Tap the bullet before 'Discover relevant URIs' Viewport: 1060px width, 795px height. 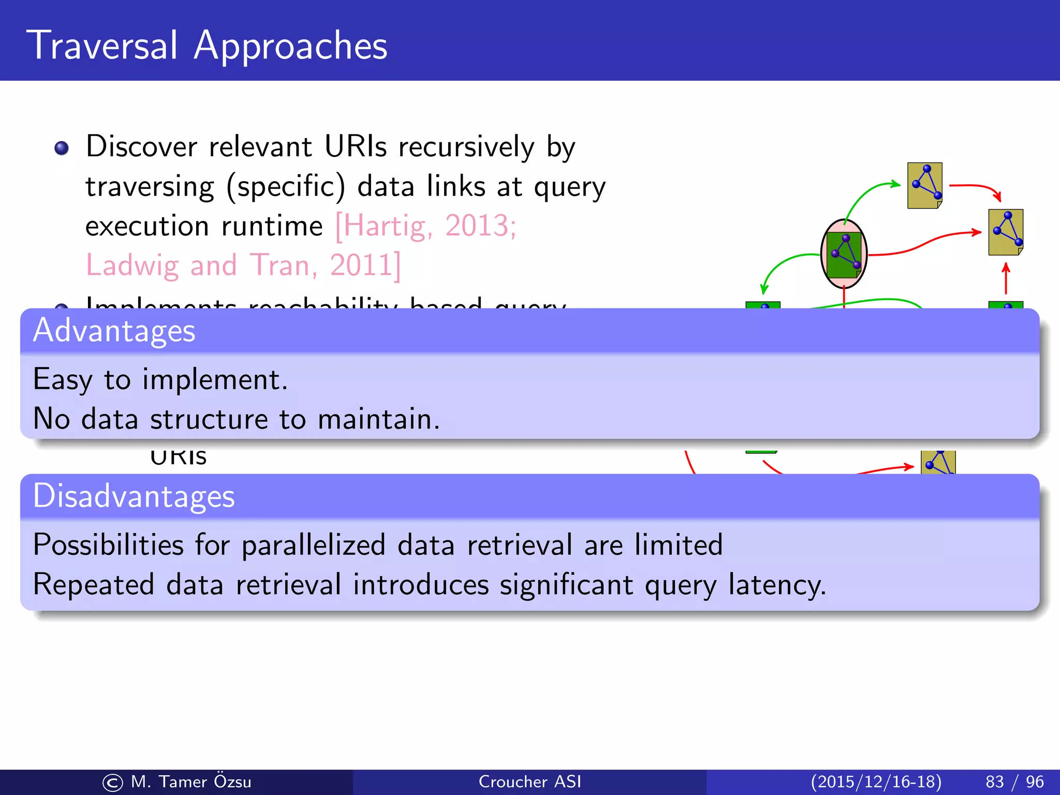[62, 148]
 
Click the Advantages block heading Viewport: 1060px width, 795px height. [114, 331]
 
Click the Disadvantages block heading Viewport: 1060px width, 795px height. [134, 496]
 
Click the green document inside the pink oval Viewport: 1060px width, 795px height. [844, 254]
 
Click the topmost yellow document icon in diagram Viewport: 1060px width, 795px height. [924, 185]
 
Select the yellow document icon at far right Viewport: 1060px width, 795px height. [1005, 232]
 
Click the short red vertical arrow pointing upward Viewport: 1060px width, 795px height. [1006, 278]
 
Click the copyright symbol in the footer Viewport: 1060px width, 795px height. [112, 783]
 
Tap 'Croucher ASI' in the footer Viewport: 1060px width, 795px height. [529, 782]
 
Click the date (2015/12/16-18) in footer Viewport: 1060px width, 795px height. [876, 782]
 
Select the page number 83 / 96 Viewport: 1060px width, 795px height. [1014, 782]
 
